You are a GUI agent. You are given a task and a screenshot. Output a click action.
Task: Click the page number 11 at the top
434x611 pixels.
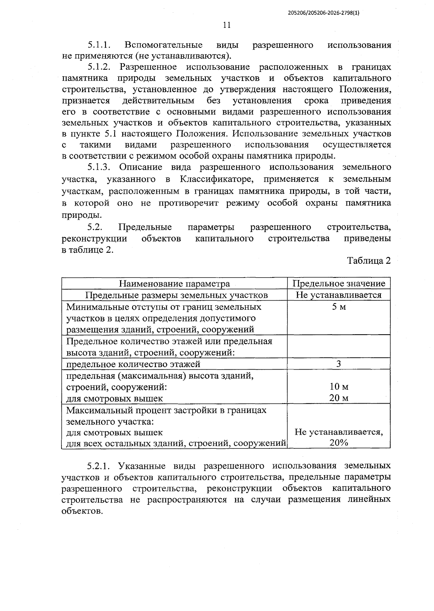[227, 25]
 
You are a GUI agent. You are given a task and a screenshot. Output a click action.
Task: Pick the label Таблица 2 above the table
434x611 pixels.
[369, 261]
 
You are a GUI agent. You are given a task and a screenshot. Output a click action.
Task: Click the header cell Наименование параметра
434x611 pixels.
[174, 284]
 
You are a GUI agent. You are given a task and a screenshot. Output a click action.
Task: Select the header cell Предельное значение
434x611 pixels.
[339, 284]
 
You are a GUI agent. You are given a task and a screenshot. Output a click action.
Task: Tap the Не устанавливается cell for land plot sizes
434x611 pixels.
[339, 295]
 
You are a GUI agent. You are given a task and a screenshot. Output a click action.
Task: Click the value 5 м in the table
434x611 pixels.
[339, 307]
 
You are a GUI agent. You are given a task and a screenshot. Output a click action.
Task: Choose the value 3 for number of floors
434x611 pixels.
[339, 364]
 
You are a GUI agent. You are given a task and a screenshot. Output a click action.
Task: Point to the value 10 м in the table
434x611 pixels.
[339, 387]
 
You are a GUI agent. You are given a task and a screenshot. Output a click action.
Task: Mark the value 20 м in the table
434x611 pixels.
[339, 398]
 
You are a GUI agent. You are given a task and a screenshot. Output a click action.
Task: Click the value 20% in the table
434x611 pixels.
[339, 443]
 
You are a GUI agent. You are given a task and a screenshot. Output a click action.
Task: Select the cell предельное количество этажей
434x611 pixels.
[133, 364]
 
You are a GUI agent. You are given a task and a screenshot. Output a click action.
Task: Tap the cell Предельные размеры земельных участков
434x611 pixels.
[176, 295]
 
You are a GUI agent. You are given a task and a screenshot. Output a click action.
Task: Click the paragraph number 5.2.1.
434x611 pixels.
[99, 466]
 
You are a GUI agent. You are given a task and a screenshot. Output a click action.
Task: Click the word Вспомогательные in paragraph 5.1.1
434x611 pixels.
[163, 46]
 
